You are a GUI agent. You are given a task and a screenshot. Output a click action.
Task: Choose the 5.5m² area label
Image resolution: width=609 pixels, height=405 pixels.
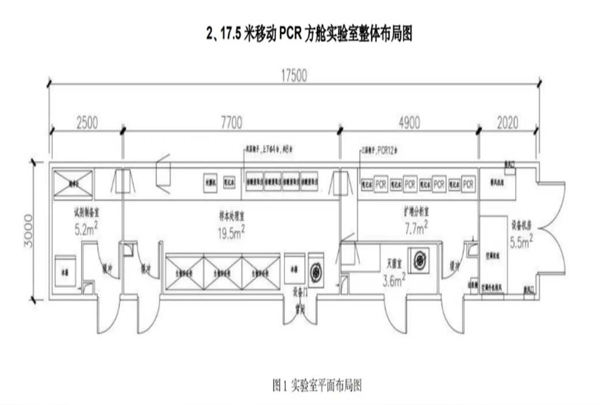521,242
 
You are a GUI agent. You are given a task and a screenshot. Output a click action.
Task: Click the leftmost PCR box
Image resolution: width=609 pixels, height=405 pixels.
381,183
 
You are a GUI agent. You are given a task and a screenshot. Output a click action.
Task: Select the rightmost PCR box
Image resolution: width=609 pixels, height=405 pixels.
468,183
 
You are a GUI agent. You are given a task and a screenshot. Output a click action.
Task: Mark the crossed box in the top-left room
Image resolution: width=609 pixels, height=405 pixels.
73,183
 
